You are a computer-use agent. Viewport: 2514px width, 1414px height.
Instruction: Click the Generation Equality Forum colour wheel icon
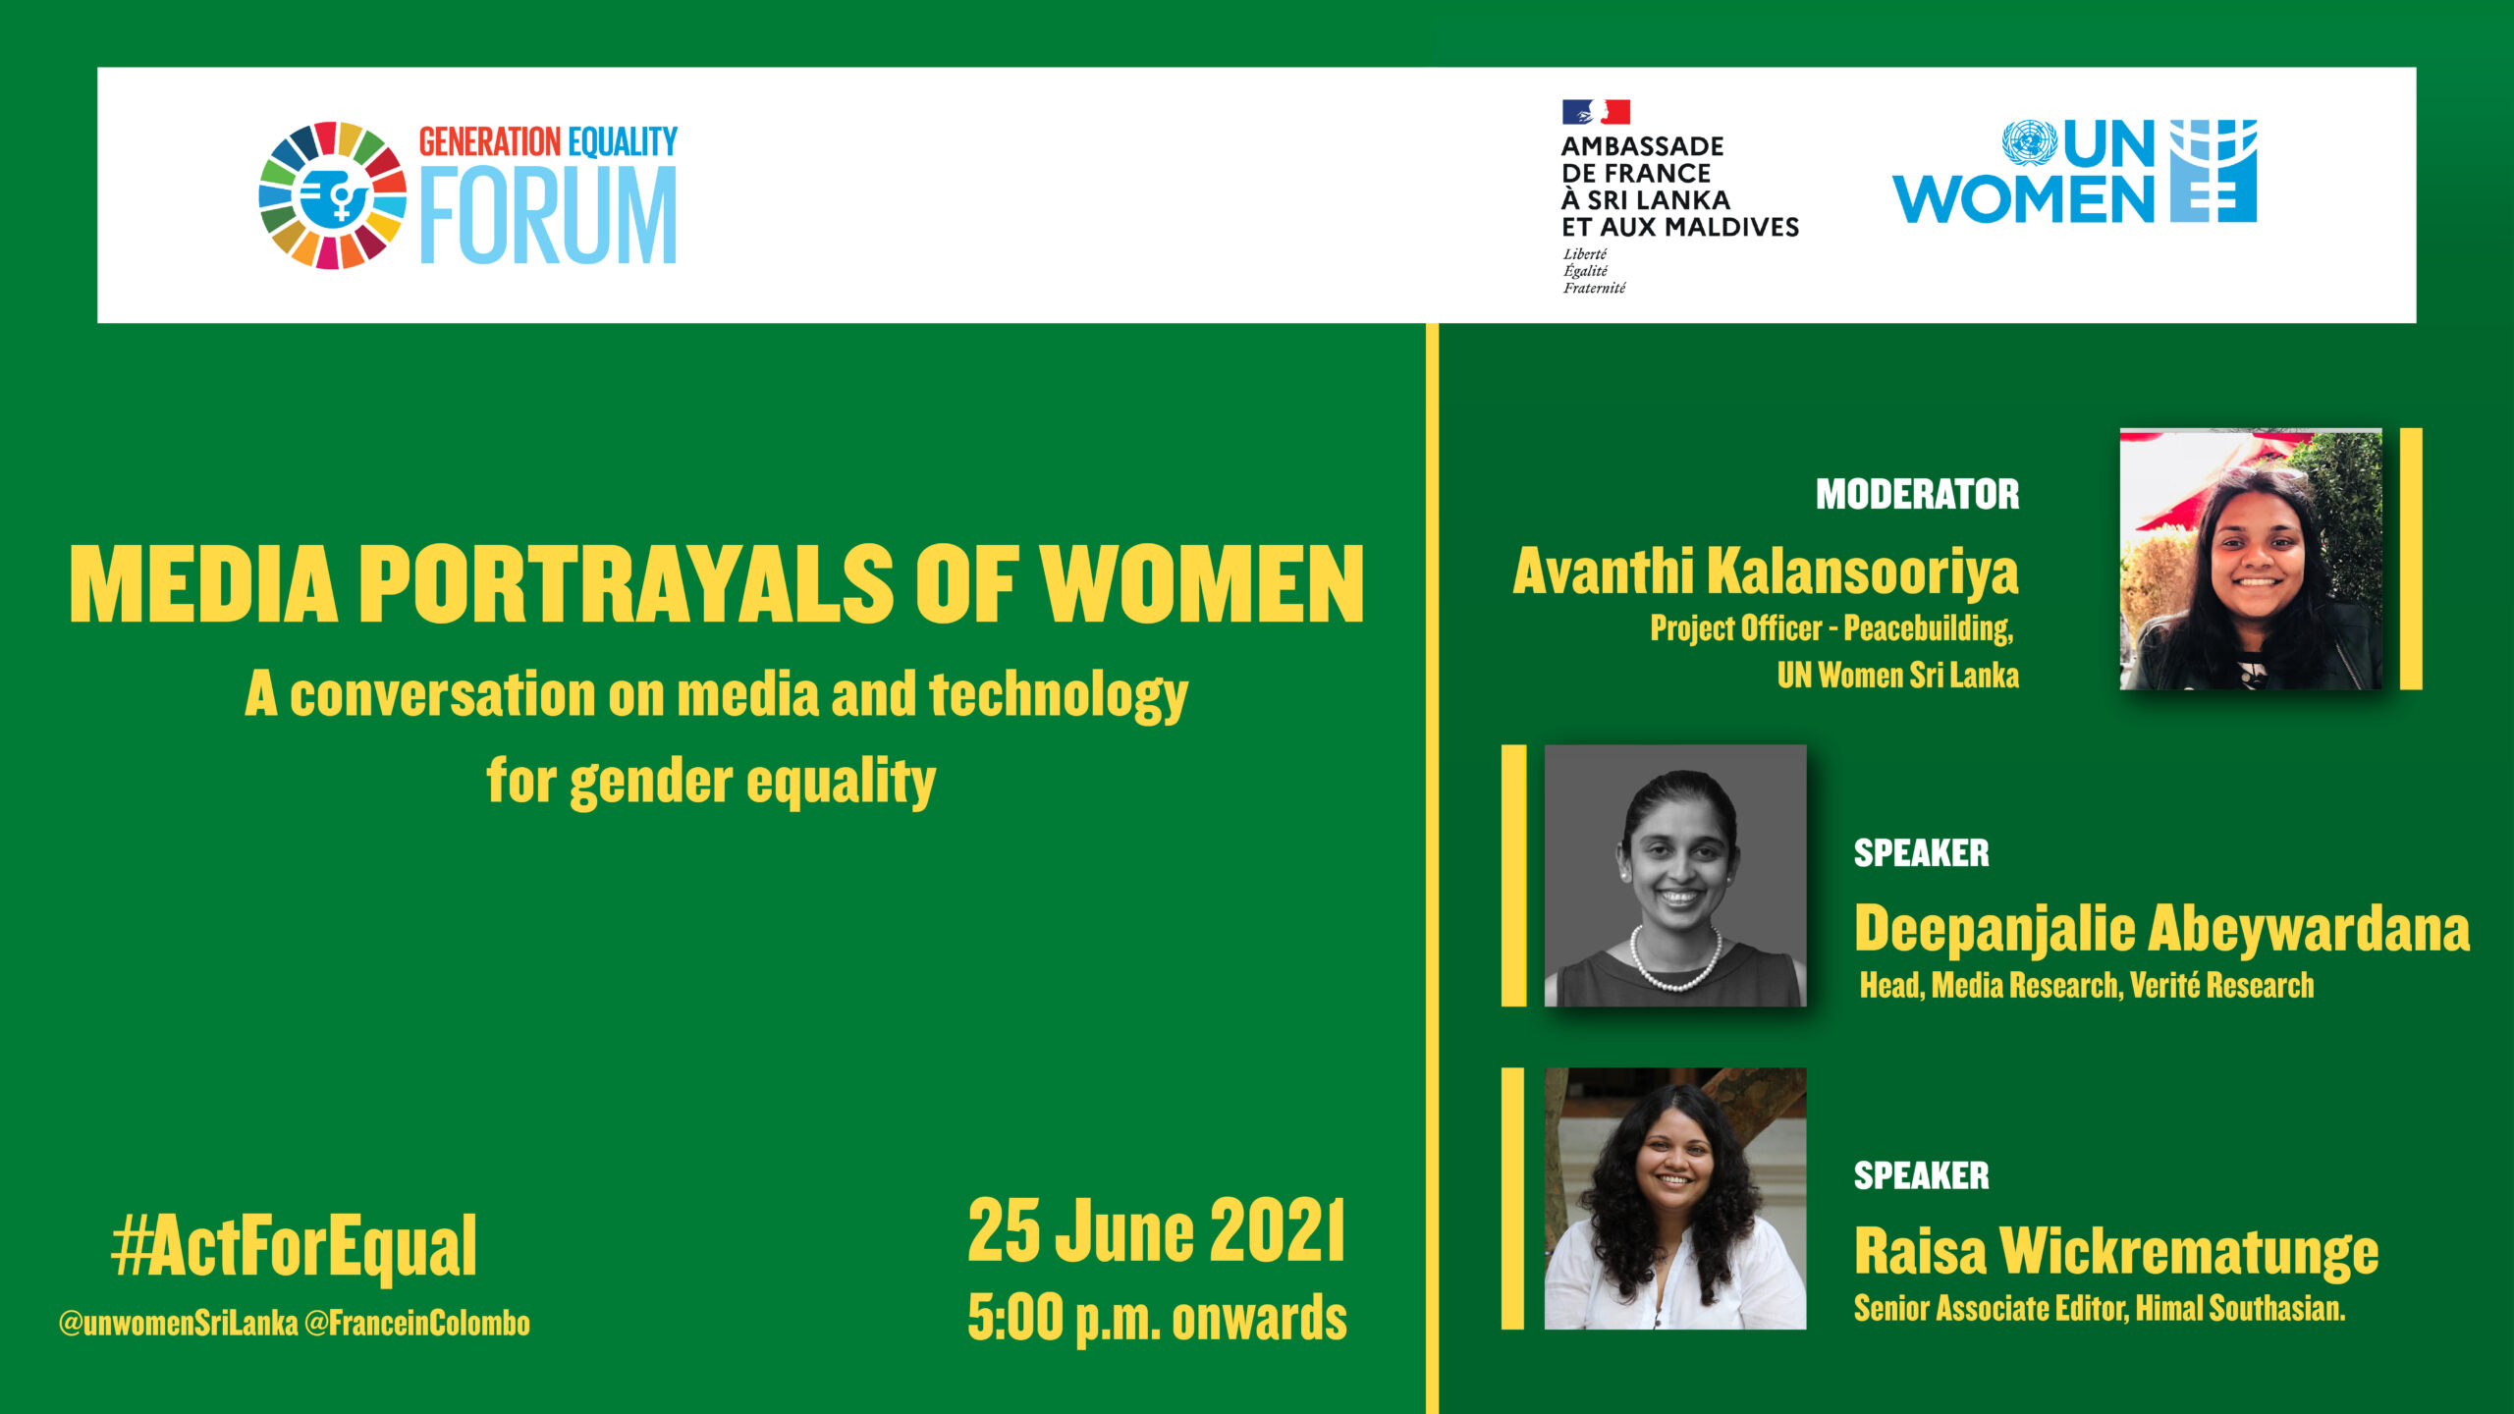click(x=332, y=195)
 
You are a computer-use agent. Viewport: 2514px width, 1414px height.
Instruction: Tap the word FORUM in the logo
click(x=549, y=216)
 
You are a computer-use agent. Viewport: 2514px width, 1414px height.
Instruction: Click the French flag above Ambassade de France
click(x=1596, y=112)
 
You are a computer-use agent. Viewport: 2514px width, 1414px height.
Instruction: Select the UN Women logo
click(x=2074, y=172)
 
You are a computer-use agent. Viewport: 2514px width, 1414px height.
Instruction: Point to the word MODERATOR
click(x=1917, y=494)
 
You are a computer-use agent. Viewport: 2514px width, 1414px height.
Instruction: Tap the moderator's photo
click(x=2251, y=559)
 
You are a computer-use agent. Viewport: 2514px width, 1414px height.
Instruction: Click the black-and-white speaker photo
click(x=1675, y=875)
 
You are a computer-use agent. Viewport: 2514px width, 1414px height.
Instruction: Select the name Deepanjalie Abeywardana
click(x=2161, y=929)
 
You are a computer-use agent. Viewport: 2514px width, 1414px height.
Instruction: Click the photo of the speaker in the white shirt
click(x=1675, y=1198)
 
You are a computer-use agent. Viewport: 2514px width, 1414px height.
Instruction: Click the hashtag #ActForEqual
click(x=294, y=1246)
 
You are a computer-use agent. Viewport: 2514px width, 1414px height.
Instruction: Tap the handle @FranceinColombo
click(x=417, y=1323)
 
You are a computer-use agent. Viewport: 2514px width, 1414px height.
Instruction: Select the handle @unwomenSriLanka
click(x=178, y=1323)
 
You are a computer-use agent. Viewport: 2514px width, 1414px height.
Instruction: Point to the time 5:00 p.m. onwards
click(x=1157, y=1318)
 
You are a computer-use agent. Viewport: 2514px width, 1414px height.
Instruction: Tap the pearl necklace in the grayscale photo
click(x=1675, y=958)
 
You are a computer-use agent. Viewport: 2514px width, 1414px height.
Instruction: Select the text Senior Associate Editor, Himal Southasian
click(x=2100, y=1308)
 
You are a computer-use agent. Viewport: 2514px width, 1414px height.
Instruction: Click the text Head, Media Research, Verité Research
click(x=2087, y=985)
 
